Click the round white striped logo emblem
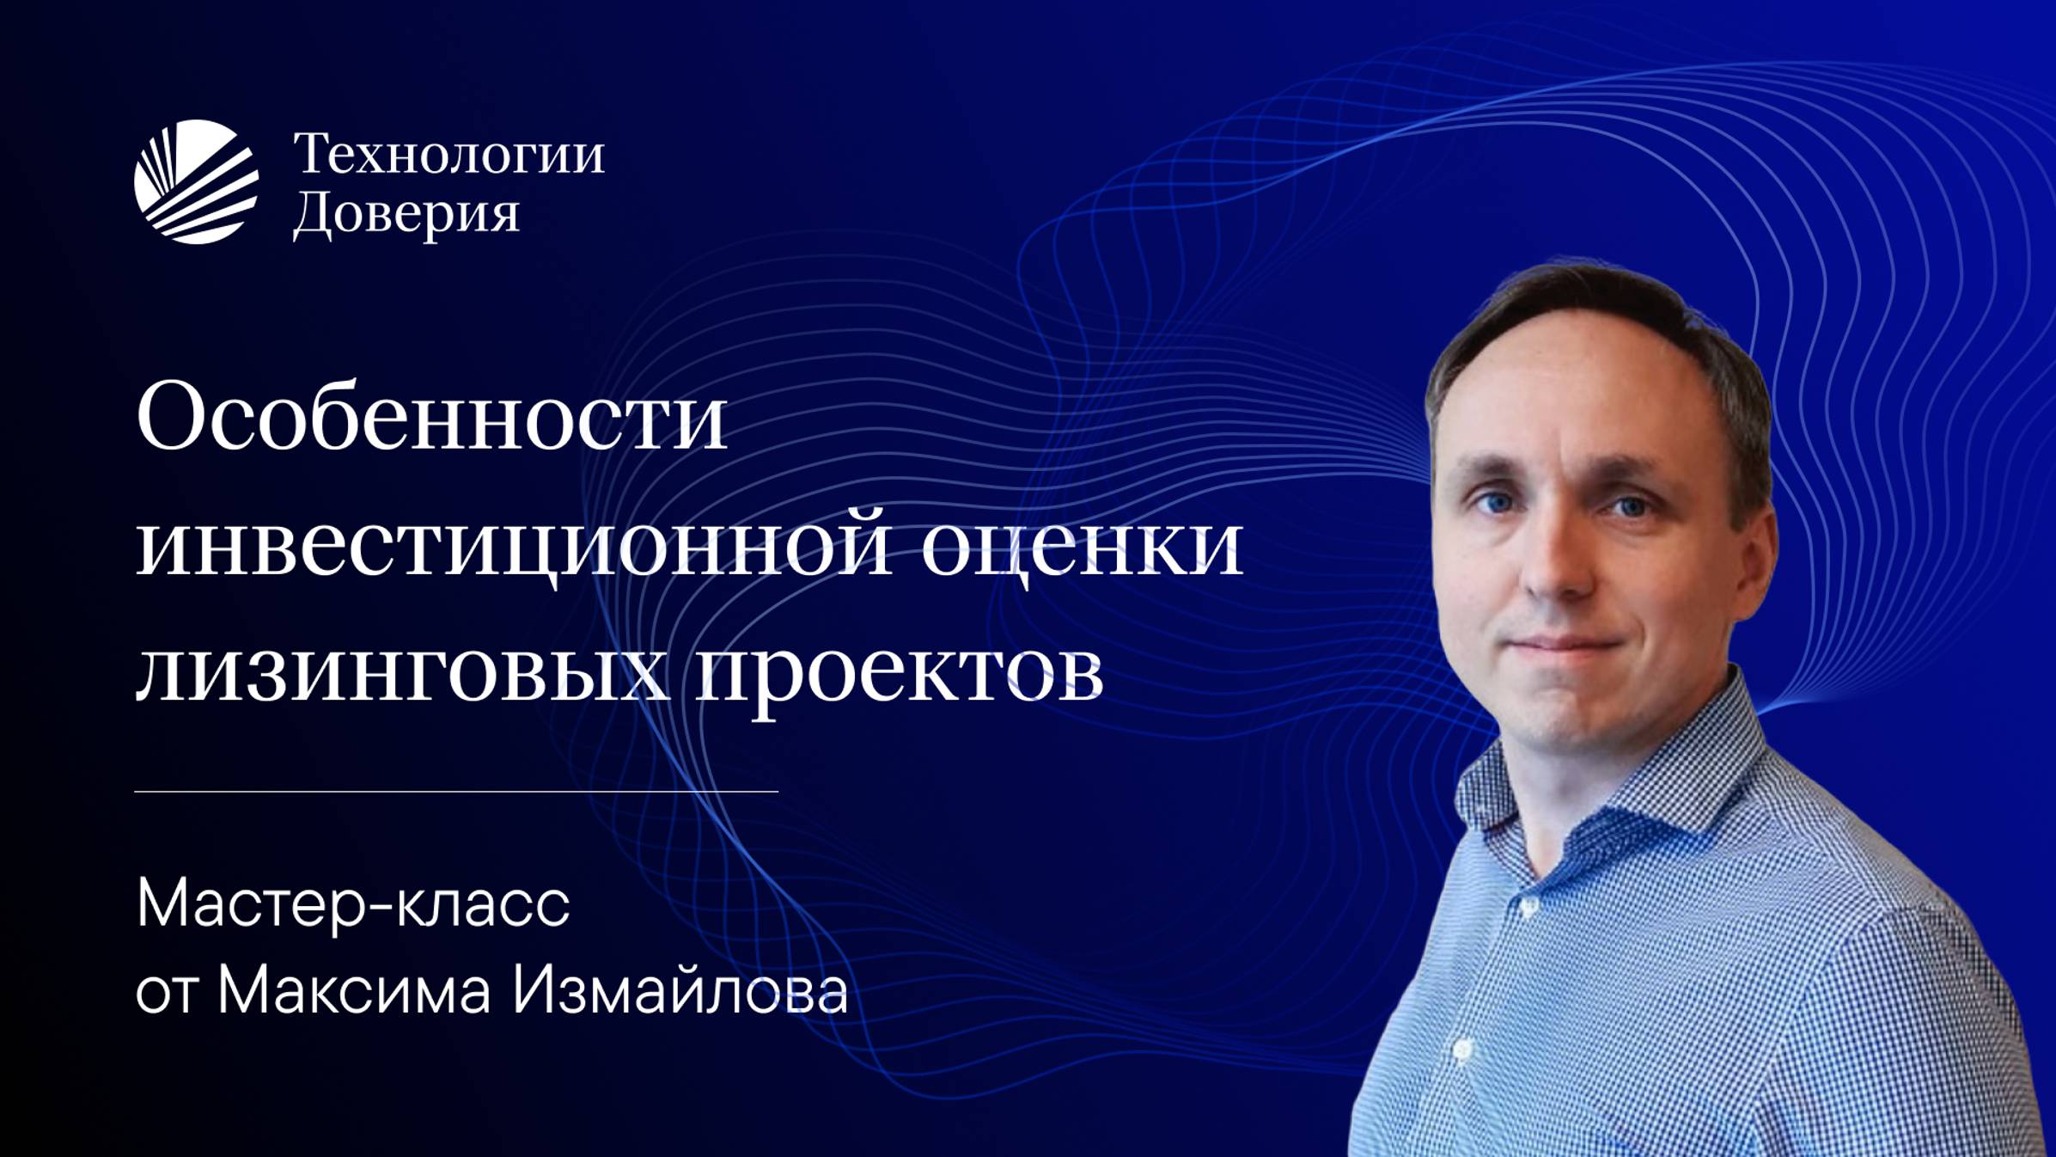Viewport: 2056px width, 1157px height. [196, 181]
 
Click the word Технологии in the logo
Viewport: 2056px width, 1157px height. [448, 155]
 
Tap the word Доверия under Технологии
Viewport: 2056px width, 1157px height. [406, 213]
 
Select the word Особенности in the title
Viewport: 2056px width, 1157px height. [431, 418]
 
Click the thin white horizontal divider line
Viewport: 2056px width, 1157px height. [456, 791]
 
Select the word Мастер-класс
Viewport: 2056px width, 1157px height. [353, 904]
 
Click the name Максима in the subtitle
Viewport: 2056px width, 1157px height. [354, 990]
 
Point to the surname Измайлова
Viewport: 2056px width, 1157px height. [680, 990]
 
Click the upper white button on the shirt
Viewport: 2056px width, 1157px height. [1529, 906]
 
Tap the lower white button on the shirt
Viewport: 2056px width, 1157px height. [1461, 1050]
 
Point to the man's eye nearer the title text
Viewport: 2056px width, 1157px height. [1496, 501]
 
